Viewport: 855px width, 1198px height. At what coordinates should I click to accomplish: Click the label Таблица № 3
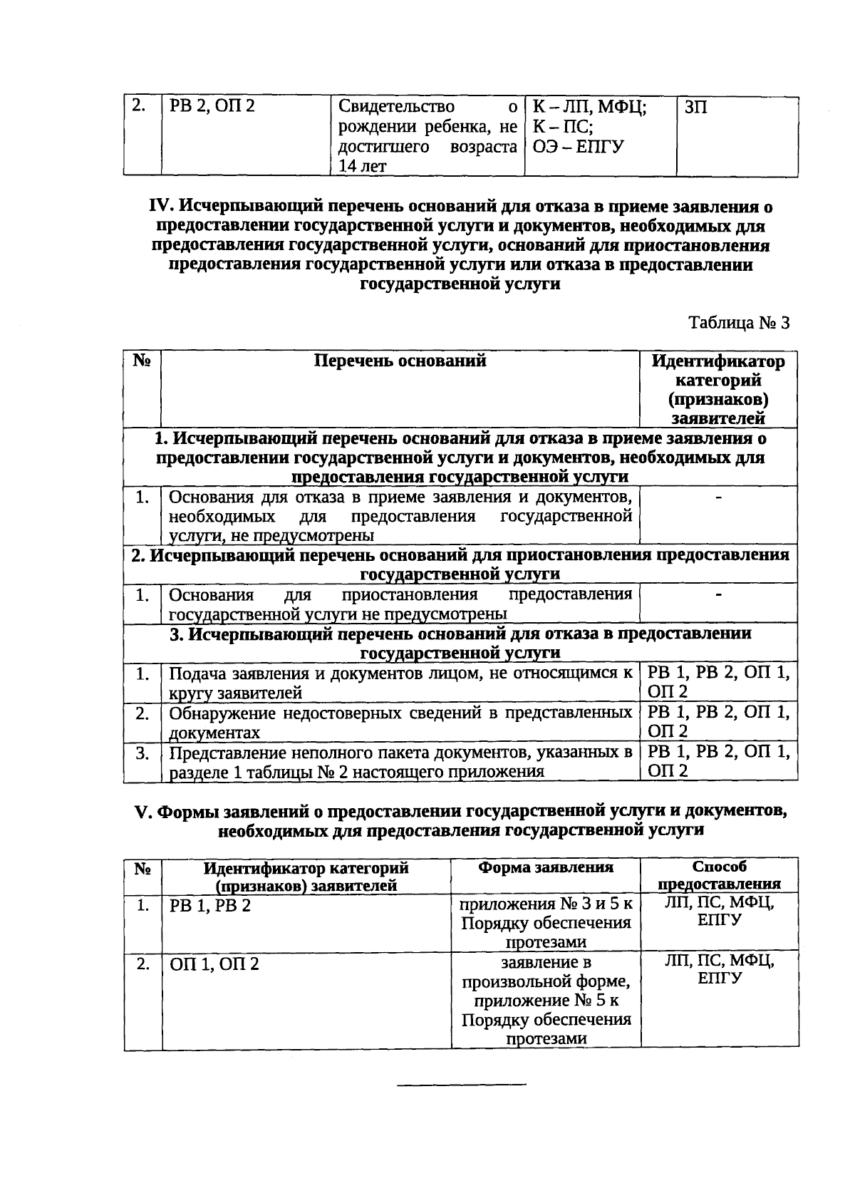pos(739,323)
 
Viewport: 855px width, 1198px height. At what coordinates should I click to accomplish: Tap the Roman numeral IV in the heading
pos(159,207)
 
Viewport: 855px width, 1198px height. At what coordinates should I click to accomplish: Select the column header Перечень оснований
pos(400,361)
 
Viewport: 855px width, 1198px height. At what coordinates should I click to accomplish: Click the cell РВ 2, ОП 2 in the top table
pos(212,108)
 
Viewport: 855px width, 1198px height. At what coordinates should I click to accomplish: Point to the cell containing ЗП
pos(695,108)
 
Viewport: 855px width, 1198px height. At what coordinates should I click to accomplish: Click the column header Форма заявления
pos(545,867)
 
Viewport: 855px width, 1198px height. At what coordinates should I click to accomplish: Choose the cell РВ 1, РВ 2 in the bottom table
pos(210,906)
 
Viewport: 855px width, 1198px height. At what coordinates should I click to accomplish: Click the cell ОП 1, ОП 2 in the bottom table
pos(214,964)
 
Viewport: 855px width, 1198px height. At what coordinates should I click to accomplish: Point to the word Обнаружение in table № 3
pos(219,713)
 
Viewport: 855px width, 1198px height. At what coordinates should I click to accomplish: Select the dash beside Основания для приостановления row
pos(718,594)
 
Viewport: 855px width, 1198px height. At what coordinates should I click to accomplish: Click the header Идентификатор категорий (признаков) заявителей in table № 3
pos(718,389)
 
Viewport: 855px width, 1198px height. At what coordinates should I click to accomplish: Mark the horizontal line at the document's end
pos(461,1085)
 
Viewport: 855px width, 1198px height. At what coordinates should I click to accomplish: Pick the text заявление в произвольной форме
pos(546,973)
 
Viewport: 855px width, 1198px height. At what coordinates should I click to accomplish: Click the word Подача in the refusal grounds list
pos(193,673)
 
